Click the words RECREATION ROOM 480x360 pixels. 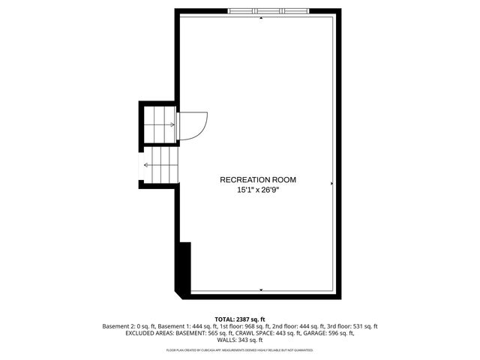(257, 179)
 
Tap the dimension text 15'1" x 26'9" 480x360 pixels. (258, 190)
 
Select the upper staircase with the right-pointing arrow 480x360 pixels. (158, 124)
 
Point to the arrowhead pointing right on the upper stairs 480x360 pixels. (173, 124)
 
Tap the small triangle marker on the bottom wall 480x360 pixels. (261, 289)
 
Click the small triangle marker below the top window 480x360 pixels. (261, 19)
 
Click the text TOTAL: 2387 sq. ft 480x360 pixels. (240, 319)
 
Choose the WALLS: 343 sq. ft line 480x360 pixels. (240, 340)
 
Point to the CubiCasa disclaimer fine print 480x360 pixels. (240, 350)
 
